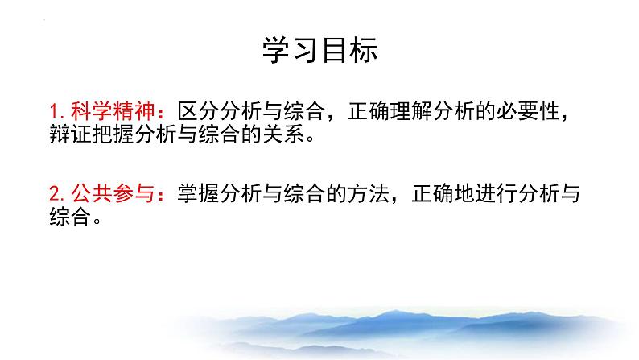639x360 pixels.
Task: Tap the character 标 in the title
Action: (x=364, y=50)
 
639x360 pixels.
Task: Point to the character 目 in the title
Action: (x=335, y=50)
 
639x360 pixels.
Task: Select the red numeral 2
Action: (x=56, y=193)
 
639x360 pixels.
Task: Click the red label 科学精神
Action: (x=113, y=111)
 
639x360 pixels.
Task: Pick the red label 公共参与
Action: (x=113, y=193)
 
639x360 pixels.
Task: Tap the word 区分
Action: (x=199, y=111)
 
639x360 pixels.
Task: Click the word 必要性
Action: (x=528, y=111)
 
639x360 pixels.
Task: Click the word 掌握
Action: (x=199, y=193)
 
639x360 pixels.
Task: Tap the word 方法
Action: (x=369, y=193)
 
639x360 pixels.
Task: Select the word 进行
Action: (x=497, y=193)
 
